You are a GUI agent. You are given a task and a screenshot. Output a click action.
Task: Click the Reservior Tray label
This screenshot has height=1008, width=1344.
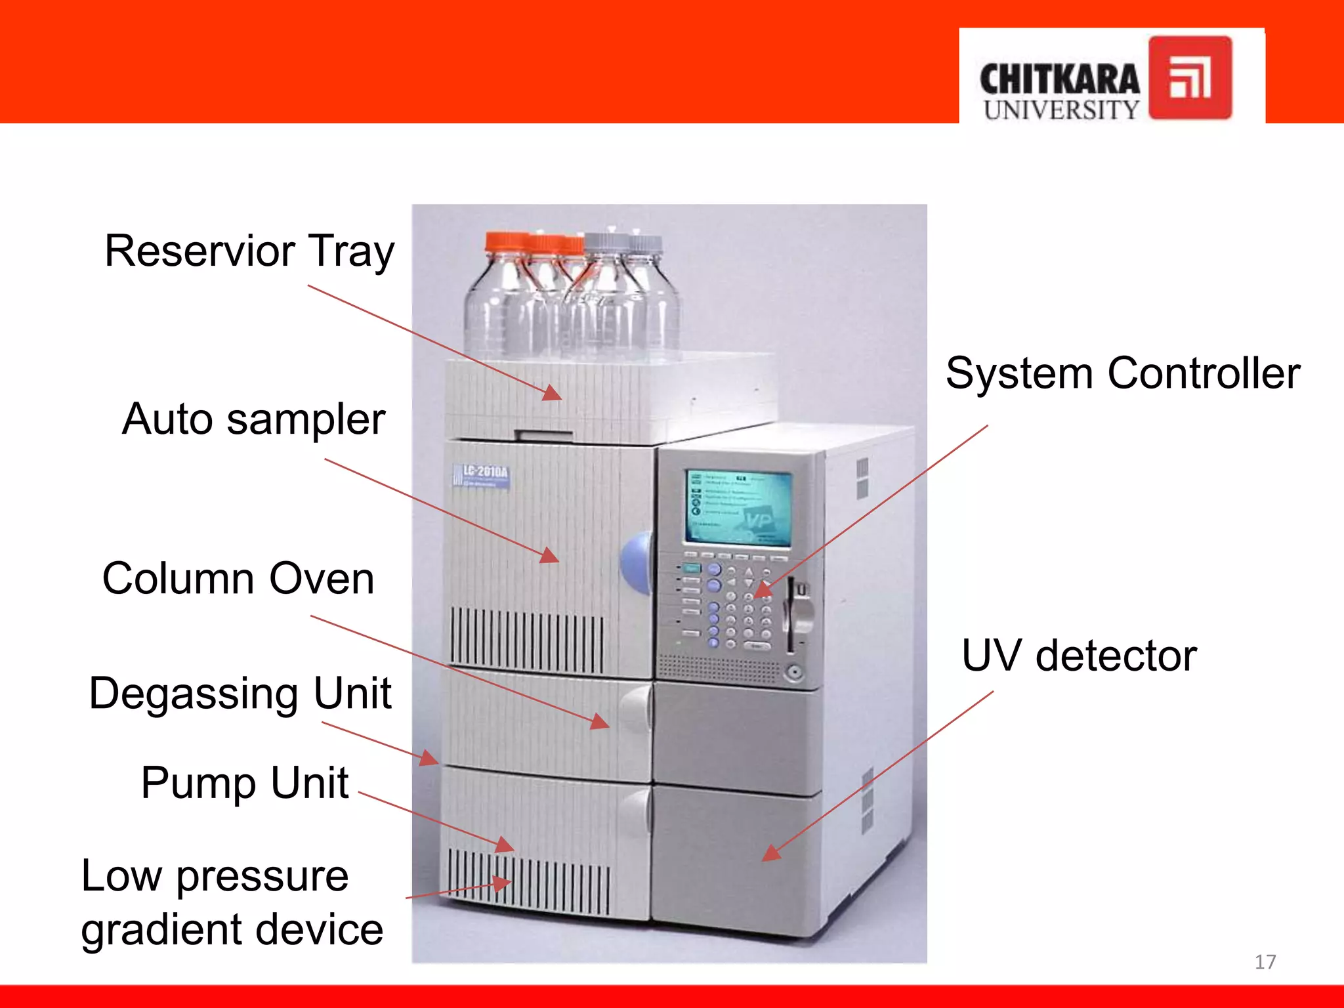click(249, 252)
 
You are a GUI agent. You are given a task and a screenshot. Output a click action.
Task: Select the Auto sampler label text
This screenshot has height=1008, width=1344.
click(253, 420)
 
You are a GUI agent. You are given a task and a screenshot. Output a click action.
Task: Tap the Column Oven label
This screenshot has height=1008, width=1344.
click(238, 579)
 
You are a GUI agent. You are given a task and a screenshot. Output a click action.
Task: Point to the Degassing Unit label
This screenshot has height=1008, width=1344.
click(240, 694)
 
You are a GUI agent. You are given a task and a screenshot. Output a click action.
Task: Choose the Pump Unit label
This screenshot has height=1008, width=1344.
click(244, 783)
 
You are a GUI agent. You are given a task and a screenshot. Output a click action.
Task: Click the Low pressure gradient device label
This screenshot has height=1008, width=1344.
click(232, 902)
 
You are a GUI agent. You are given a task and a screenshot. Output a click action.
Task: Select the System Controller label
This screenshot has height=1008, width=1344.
click(1122, 373)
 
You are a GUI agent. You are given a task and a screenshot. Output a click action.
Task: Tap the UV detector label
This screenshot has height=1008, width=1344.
click(1079, 656)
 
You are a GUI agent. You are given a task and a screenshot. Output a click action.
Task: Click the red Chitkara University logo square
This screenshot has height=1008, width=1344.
click(1190, 78)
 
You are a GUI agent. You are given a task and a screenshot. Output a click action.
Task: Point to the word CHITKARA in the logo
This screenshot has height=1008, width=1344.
click(1059, 80)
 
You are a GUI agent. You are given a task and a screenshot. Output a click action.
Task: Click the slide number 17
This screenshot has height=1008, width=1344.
click(1265, 962)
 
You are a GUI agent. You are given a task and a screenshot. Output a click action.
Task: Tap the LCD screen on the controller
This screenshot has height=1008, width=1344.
click(739, 507)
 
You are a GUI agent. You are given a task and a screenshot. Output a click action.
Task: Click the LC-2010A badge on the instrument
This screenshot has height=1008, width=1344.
click(482, 476)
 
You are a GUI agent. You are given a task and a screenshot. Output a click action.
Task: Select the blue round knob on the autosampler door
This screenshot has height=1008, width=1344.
click(635, 563)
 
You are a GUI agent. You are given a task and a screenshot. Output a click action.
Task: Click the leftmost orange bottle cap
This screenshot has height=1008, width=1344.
click(506, 241)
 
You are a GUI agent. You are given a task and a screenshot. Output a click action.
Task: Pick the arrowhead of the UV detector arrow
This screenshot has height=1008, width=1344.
click(769, 854)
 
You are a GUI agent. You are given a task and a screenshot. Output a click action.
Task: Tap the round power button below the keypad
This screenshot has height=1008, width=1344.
click(794, 673)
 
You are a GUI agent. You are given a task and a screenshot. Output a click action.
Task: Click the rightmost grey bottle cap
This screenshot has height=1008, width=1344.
click(644, 244)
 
